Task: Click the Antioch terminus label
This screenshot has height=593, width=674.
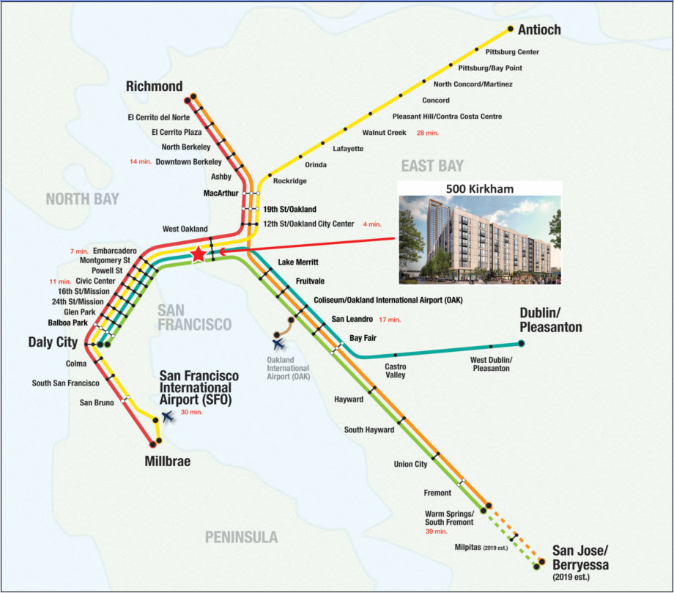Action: click(539, 30)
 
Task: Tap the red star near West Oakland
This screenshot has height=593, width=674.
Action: click(198, 254)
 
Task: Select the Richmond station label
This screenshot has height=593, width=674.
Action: click(154, 86)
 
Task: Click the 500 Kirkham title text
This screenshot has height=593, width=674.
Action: click(480, 189)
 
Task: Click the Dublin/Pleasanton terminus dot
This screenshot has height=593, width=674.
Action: click(522, 343)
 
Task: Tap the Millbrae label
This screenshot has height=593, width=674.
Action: click(168, 462)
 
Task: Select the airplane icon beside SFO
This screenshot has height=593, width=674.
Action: click(168, 417)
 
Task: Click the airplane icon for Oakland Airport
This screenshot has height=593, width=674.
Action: click(278, 342)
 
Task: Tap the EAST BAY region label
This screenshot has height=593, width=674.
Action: click(432, 165)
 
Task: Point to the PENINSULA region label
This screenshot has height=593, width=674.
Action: click(241, 538)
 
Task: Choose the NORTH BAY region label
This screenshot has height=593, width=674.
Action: click(82, 199)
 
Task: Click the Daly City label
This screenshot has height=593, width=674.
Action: click(53, 342)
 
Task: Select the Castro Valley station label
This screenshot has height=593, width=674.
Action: click(396, 370)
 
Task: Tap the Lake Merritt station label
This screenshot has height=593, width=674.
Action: click(298, 262)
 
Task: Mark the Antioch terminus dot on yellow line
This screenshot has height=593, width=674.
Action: click(511, 29)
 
